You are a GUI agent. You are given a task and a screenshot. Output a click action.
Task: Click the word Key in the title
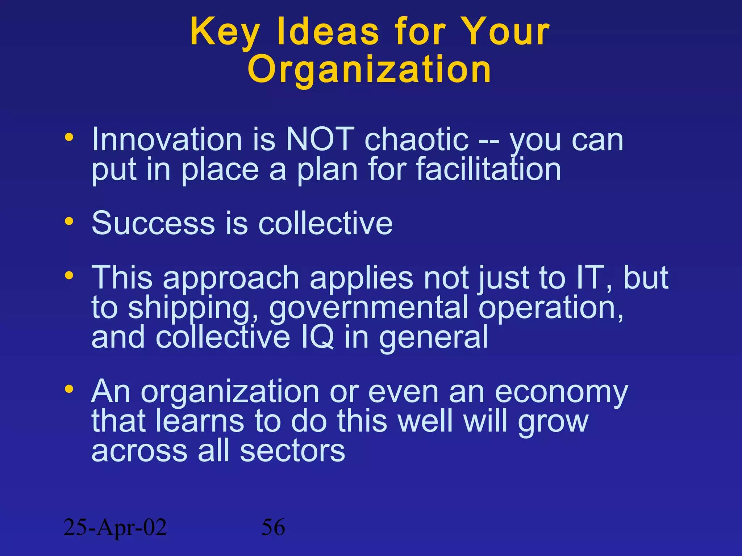point(225,33)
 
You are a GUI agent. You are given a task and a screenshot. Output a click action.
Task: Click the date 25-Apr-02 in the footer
point(115,527)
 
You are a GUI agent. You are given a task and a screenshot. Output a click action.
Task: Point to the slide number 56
point(273,527)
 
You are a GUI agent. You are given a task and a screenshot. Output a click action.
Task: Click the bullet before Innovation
point(69,138)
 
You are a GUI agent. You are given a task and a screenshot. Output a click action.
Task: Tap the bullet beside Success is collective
point(69,221)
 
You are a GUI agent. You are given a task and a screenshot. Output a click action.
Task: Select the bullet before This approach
point(69,276)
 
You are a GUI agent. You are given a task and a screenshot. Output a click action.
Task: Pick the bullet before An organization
point(69,389)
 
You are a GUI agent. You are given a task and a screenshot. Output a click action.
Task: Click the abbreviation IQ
point(317,337)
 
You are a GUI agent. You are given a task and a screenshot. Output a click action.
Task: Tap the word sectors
point(292,451)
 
